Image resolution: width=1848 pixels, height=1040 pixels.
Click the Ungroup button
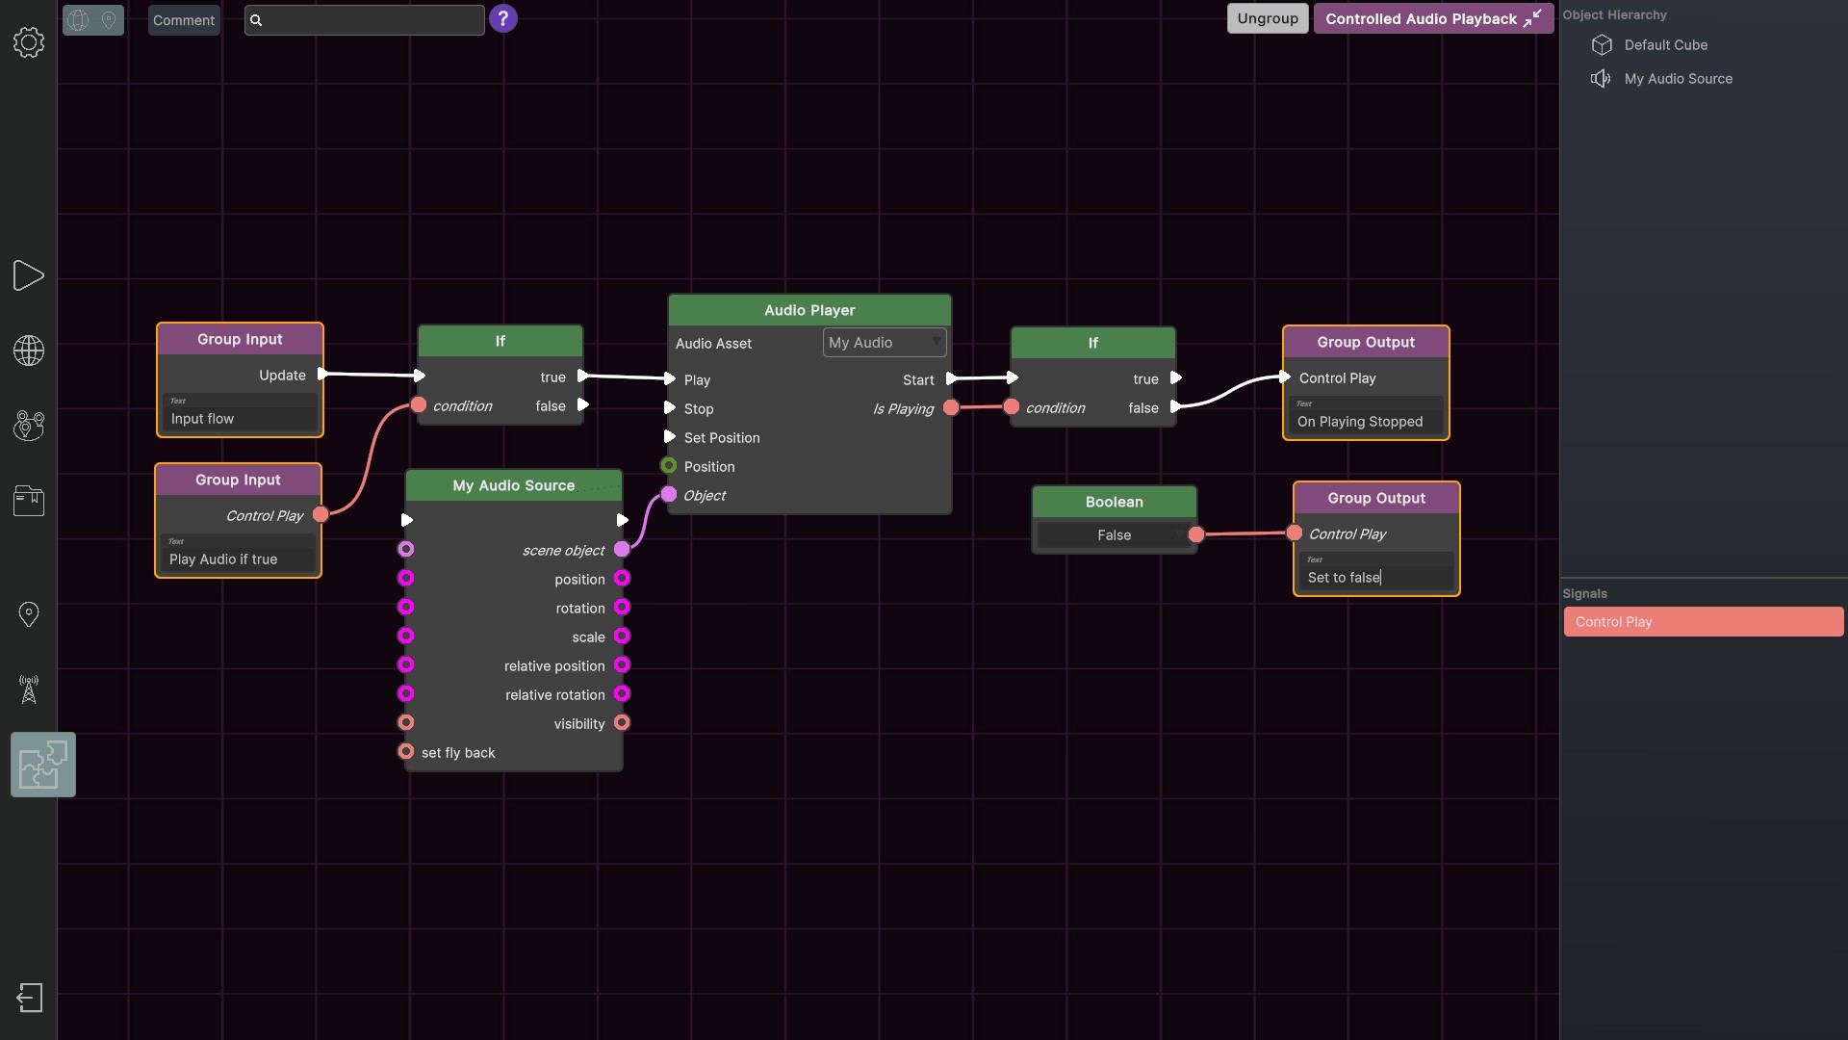(1267, 19)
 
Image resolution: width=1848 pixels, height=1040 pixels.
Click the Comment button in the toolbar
(184, 20)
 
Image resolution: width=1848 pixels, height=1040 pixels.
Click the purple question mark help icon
(502, 19)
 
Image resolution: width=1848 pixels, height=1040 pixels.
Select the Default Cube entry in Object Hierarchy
(1665, 45)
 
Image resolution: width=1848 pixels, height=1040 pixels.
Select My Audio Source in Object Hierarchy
(1678, 79)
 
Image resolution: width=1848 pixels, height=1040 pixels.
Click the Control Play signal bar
(1703, 622)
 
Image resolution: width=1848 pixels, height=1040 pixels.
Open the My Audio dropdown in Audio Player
(884, 343)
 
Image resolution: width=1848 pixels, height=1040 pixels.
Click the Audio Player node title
(808, 310)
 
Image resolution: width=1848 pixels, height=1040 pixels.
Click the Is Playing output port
(951, 408)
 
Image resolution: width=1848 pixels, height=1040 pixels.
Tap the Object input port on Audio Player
(669, 495)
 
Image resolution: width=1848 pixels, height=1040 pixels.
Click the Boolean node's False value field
(1114, 535)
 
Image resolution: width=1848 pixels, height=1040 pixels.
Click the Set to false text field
(1375, 578)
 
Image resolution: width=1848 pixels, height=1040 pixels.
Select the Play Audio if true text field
(238, 559)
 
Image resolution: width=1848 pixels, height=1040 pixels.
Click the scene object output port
(622, 550)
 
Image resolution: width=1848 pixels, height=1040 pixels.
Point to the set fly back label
(458, 753)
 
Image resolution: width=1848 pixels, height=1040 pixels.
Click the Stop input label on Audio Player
(699, 409)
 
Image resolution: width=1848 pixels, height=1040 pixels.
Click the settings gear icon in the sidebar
(29, 42)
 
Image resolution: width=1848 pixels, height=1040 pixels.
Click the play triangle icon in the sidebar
(29, 276)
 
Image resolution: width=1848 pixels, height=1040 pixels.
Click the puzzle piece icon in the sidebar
(43, 765)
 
